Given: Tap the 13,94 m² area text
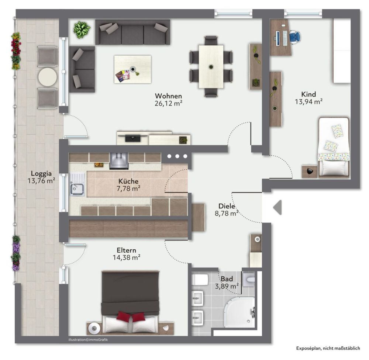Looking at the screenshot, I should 309,101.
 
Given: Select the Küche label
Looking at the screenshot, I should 128,181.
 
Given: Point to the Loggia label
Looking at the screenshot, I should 41,173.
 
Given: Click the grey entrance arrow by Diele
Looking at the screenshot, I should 277,207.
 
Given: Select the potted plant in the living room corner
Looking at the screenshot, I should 82,29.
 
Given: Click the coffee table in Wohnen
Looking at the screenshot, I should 132,69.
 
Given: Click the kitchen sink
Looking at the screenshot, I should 78,189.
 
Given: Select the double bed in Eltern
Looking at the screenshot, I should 131,302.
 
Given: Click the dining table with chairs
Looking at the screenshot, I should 211,66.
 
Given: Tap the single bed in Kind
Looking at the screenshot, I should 334,146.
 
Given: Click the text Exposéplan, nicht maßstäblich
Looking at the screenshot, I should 327,348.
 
